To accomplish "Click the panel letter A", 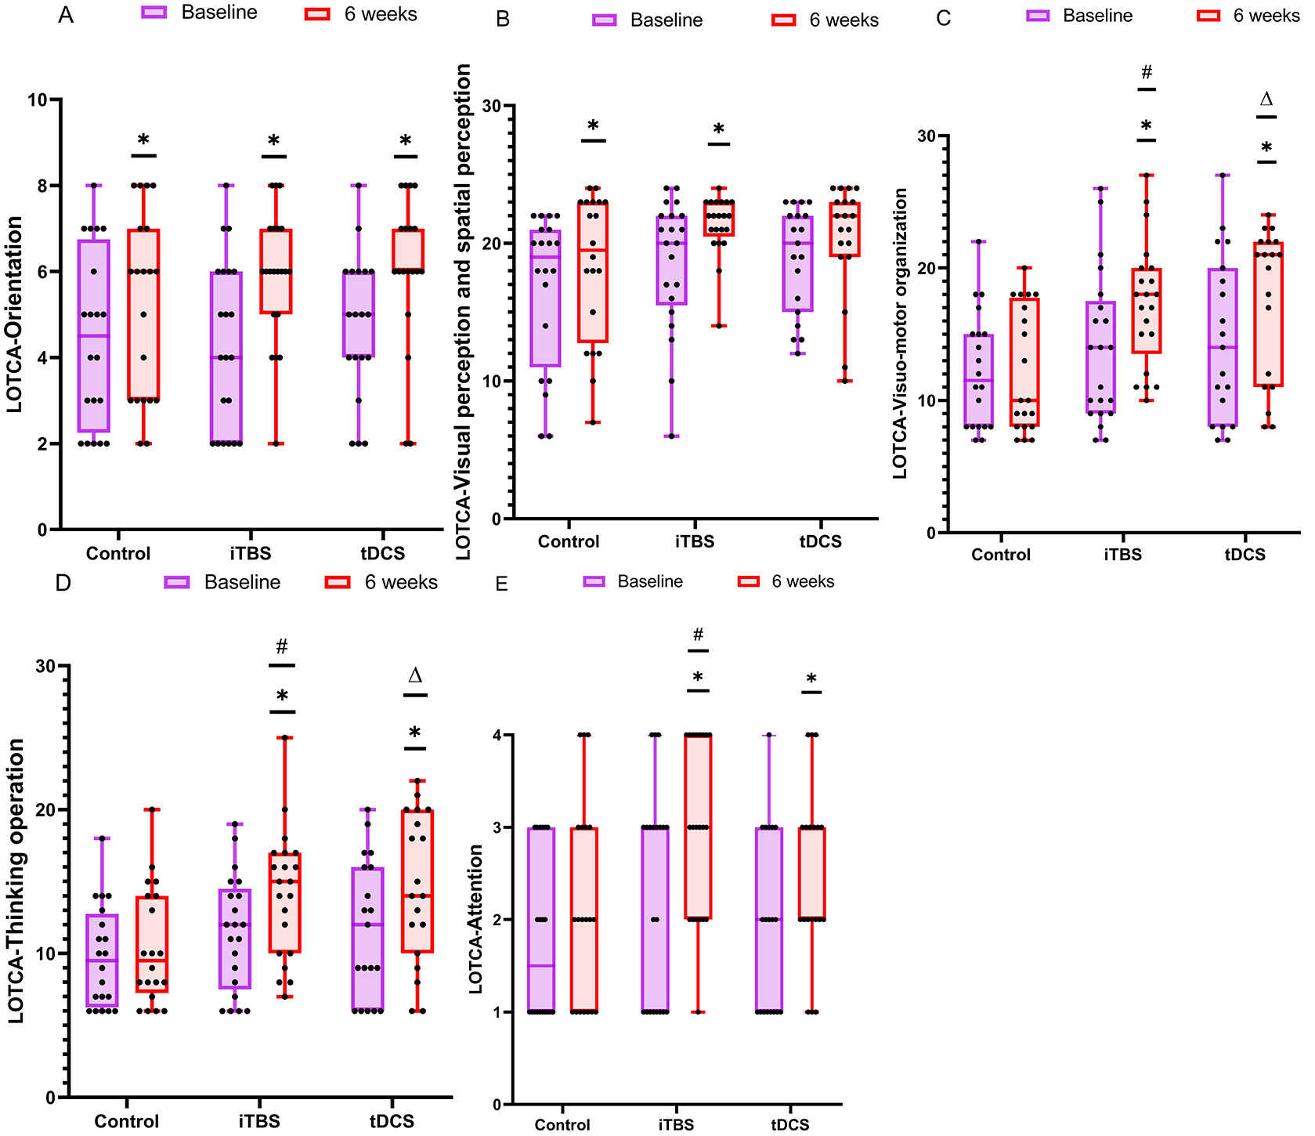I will (x=66, y=16).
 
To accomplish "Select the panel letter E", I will (x=502, y=584).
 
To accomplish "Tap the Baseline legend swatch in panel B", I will (x=605, y=20).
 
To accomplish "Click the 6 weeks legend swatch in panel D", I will (x=338, y=582).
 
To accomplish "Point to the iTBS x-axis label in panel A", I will (x=251, y=554).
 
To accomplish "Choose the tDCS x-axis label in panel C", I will (x=1245, y=555).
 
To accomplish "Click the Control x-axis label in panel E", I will (x=562, y=1125).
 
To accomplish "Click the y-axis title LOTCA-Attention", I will (x=475, y=919).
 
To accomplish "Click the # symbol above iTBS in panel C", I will (x=1147, y=73).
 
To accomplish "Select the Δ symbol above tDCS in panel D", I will (x=415, y=675).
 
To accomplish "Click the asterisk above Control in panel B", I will (x=593, y=125).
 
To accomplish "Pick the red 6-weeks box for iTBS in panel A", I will (x=276, y=271).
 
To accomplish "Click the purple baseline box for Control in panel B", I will (x=545, y=298).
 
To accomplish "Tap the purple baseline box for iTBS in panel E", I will (x=655, y=919).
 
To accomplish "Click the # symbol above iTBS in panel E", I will (x=699, y=635).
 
